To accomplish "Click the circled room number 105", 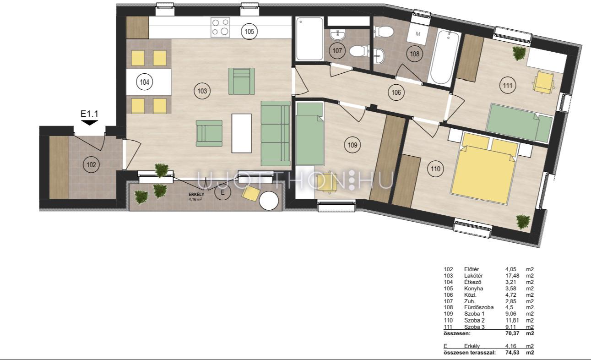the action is click(x=249, y=32).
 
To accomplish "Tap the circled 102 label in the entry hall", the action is click(x=91, y=165).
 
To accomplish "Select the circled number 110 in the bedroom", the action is click(x=435, y=169).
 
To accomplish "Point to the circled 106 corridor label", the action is click(x=396, y=93).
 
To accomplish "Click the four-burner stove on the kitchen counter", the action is click(x=220, y=27).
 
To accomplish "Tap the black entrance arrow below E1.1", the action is click(x=89, y=122).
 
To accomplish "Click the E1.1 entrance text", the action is click(x=89, y=114).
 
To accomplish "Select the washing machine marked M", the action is click(x=417, y=34).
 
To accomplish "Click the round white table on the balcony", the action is click(x=269, y=201).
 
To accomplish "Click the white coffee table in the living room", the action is click(x=241, y=133).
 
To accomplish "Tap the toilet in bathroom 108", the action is click(x=384, y=32).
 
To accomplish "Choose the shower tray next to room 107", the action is click(x=309, y=39).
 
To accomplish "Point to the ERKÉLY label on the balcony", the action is click(x=196, y=195).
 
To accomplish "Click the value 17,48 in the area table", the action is click(x=512, y=276).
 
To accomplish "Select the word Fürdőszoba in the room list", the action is click(x=478, y=307).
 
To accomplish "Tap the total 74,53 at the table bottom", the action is click(x=512, y=352).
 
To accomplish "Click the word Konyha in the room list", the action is click(x=474, y=289).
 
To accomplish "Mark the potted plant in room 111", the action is click(x=519, y=53).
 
